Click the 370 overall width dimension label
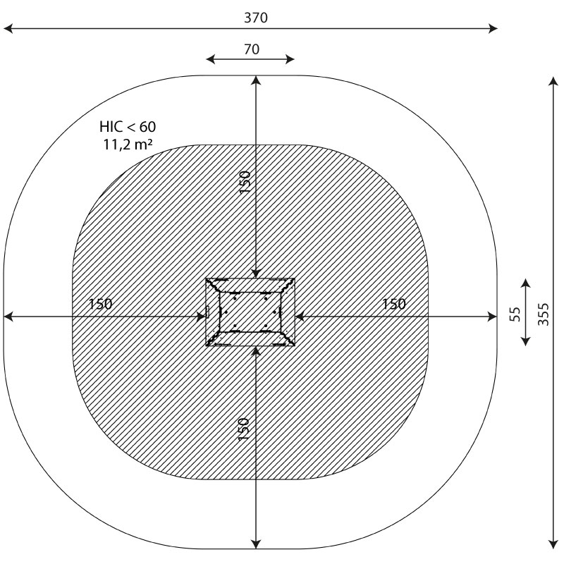click(x=256, y=18)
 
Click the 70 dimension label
click(x=252, y=49)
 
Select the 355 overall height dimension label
click(x=543, y=314)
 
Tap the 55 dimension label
click(x=515, y=314)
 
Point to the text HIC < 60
click(x=128, y=127)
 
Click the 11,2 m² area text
click(x=128, y=145)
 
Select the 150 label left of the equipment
click(x=100, y=304)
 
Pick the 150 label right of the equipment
click(x=393, y=305)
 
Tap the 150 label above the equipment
click(x=245, y=182)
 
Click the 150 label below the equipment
click(x=243, y=429)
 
